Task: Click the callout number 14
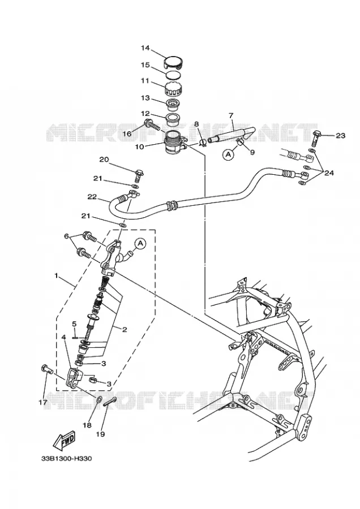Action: [x=145, y=48]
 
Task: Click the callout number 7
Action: [x=231, y=115]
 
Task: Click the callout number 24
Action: [x=329, y=173]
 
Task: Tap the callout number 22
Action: [x=92, y=197]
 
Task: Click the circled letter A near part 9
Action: [x=228, y=155]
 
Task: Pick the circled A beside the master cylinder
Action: [x=140, y=243]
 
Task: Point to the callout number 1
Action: [x=56, y=275]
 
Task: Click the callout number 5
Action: [x=74, y=323]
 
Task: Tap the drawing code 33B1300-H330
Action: [x=67, y=459]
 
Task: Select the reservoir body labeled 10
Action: [x=175, y=142]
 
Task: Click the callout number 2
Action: [x=124, y=330]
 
